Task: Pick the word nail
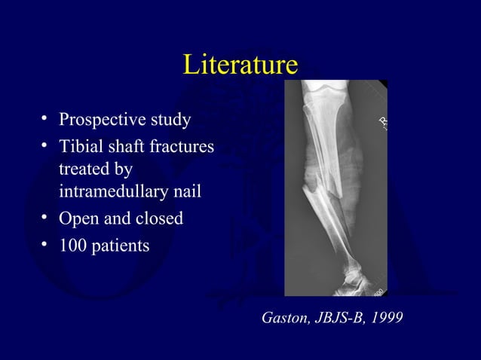click(185, 193)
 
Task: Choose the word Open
click(77, 219)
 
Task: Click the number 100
click(72, 245)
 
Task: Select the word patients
click(120, 246)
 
